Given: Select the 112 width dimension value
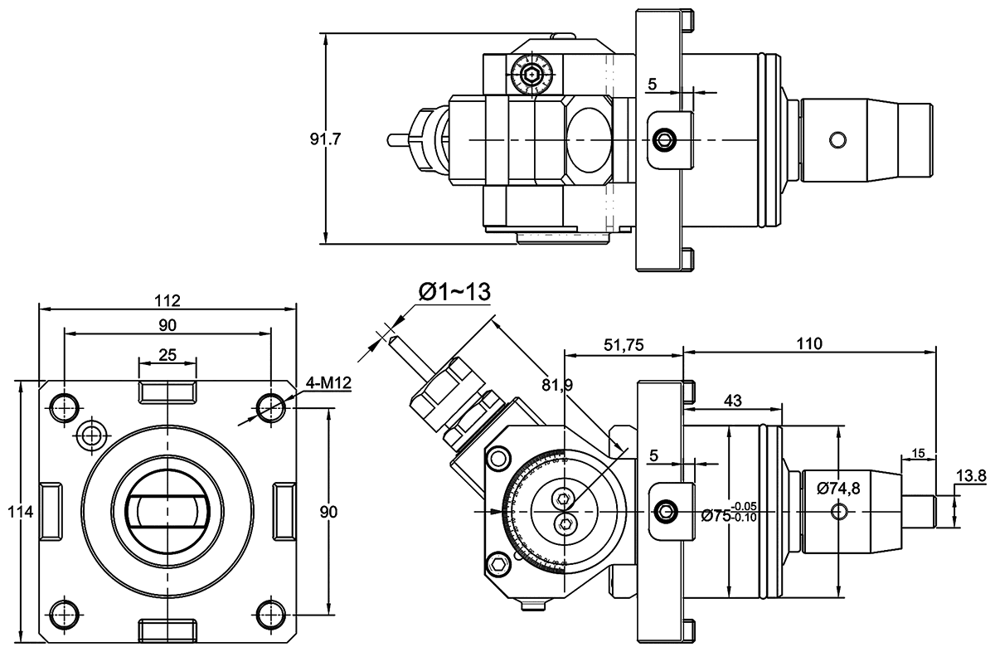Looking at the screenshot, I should coord(167,299).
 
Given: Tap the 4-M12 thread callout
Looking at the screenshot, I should coord(327,384).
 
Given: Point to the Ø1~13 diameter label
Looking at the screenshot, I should coord(455,291).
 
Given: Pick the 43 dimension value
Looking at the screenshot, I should coord(732,400).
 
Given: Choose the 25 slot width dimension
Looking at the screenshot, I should coord(167,355).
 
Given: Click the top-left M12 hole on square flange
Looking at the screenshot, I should coord(65,406).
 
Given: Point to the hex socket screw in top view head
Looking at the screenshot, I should coord(531,78).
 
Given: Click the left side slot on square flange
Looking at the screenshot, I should coord(50,510).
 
